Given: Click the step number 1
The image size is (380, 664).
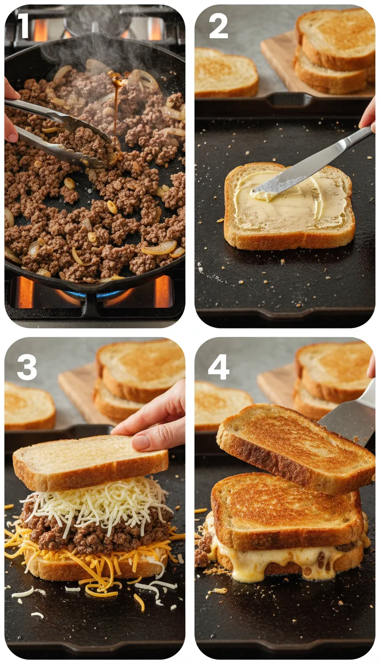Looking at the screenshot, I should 23,26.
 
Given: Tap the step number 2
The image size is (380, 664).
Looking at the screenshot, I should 218,26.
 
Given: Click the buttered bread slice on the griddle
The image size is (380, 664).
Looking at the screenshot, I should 289,207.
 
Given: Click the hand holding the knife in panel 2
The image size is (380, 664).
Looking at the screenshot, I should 369,116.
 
